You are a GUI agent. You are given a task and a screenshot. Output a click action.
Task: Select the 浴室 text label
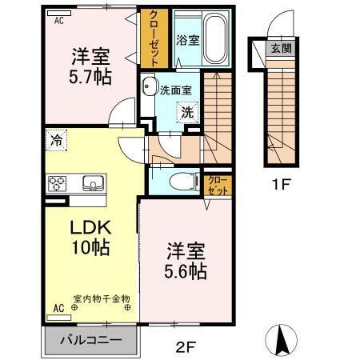click(187, 38)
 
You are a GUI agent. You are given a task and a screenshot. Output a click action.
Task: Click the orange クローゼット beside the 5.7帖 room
click(154, 38)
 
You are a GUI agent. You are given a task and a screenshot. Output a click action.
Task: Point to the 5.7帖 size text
click(90, 77)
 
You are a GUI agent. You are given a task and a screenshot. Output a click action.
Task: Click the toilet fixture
click(182, 181)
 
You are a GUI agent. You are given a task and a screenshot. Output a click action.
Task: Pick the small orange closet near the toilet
click(217, 186)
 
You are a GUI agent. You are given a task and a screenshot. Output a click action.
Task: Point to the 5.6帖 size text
click(186, 272)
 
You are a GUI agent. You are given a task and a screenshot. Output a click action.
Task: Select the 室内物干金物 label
click(102, 298)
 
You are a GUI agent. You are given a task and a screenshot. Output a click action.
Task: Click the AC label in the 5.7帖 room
click(59, 22)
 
